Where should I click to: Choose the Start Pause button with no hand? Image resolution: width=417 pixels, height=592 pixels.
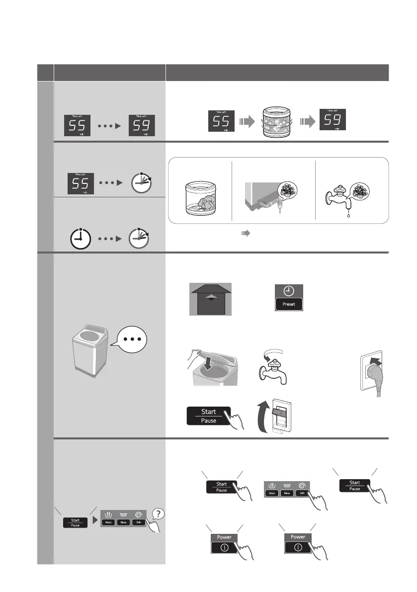pos(75,522)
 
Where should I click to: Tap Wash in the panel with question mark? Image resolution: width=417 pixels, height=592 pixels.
pos(108,522)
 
